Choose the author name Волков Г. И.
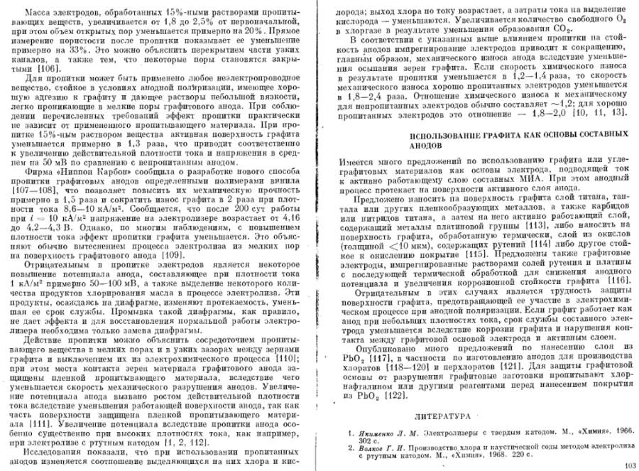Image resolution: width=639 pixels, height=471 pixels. click(x=378, y=448)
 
